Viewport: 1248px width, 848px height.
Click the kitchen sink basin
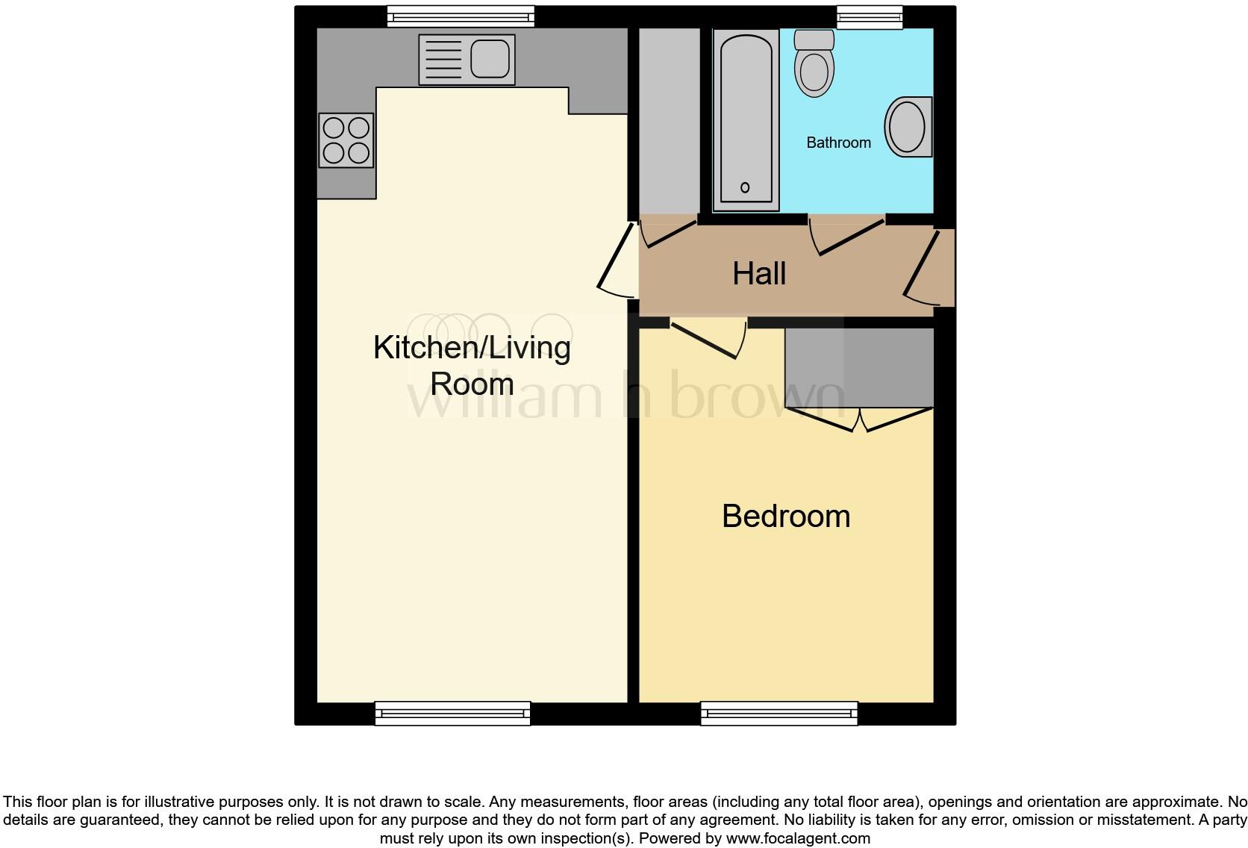tap(490, 58)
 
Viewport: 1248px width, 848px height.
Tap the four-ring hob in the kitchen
tap(346, 140)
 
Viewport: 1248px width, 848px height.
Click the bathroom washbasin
tap(908, 127)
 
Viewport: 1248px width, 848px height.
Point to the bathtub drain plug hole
tap(745, 187)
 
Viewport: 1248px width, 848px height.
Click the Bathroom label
tap(838, 143)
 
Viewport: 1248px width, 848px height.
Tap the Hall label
tap(759, 274)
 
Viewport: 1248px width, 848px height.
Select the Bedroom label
tap(786, 517)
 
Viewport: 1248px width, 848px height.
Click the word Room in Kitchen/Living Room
tap(472, 384)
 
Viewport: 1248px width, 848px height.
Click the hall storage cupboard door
tap(670, 231)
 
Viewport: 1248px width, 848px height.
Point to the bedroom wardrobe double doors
tap(859, 420)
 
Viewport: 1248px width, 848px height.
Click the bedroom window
tap(779, 714)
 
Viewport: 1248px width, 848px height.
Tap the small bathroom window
tap(870, 16)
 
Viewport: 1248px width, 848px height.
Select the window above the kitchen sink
tap(461, 16)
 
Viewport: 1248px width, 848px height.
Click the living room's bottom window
tap(452, 714)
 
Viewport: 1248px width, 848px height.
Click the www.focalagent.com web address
tap(798, 838)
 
